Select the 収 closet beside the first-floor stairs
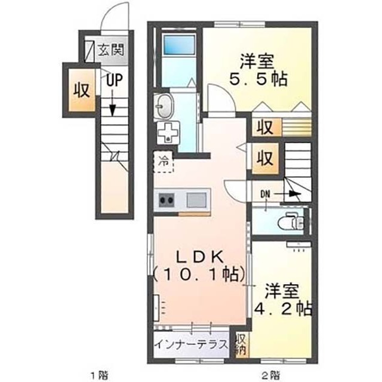pos(82,90)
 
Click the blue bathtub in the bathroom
pos(180,45)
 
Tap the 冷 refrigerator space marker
pos(163,161)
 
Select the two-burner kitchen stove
pos(165,199)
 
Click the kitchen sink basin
pos(196,199)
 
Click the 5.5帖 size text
pos(258,78)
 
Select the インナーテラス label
pos(191,344)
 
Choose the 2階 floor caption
pos(270,374)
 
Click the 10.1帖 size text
pos(199,275)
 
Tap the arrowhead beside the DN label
pos(293,193)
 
